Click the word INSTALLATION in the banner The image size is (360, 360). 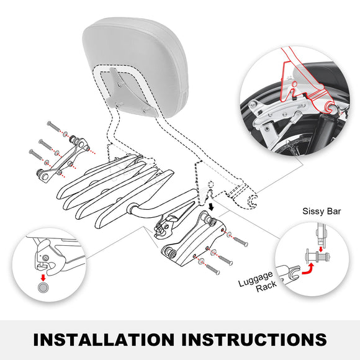tap(104, 339)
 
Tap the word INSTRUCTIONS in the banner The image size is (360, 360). tap(251, 339)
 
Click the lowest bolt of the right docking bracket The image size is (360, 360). tap(210, 269)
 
